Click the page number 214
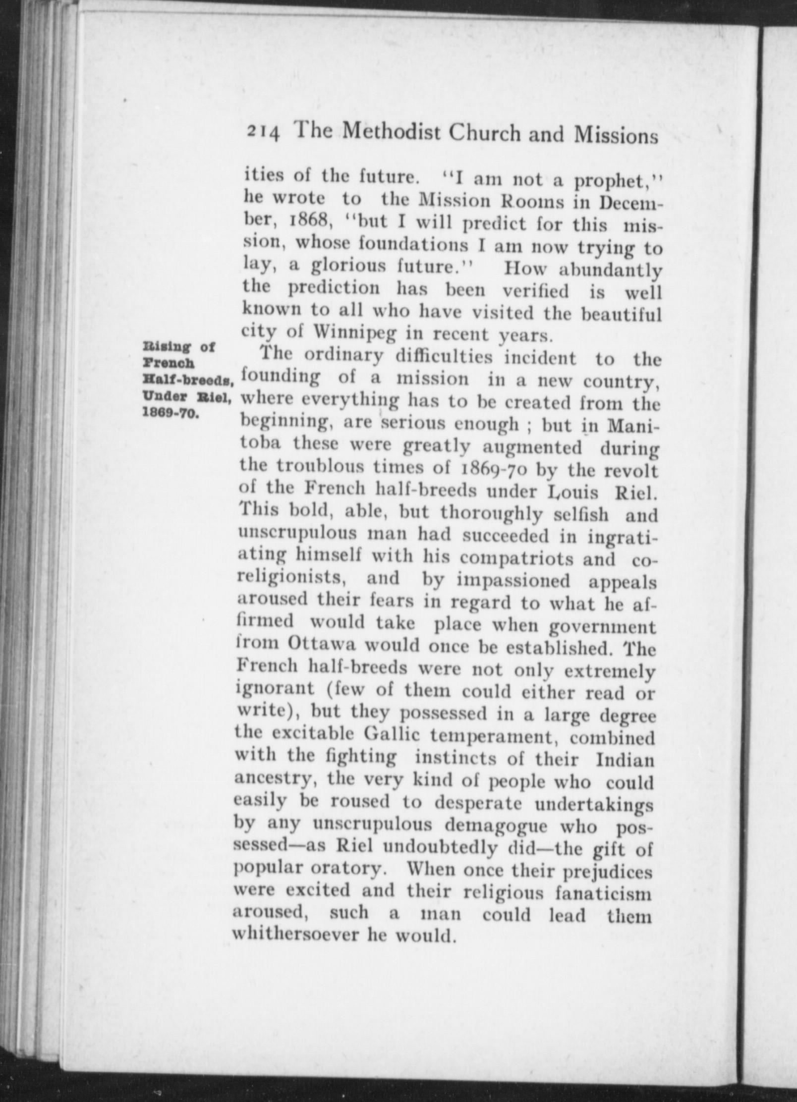[x=264, y=133]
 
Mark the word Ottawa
[x=323, y=645]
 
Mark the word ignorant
[x=275, y=689]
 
